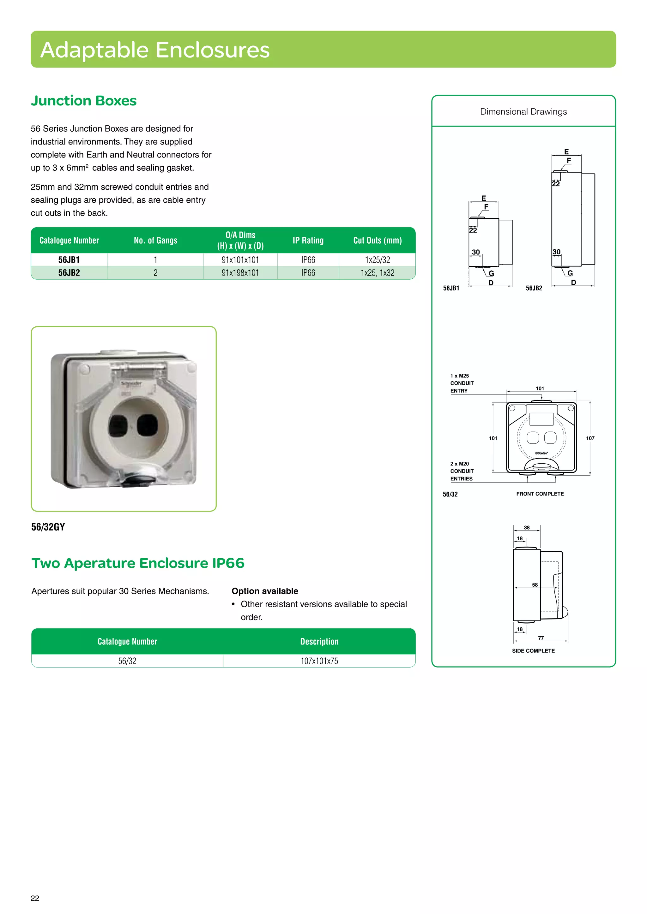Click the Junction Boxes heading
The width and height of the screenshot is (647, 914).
[x=84, y=101]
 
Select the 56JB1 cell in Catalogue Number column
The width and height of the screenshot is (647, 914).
[x=69, y=260]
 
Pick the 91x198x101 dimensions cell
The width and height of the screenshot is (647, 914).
[x=240, y=273]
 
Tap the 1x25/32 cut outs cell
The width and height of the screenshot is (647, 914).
[x=377, y=260]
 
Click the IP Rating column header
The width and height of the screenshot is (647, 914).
[x=308, y=240]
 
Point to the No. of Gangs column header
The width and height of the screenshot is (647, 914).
[x=155, y=240]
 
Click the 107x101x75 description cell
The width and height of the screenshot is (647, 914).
[x=319, y=661]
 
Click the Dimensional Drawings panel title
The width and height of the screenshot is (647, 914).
[x=523, y=112]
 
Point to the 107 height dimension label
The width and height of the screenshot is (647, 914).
[x=590, y=438]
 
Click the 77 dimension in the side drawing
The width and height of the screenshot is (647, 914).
[x=541, y=638]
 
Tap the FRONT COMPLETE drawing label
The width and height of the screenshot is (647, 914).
[x=540, y=494]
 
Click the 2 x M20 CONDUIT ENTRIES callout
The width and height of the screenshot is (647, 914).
[x=462, y=471]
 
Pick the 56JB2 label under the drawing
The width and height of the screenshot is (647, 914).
[x=534, y=288]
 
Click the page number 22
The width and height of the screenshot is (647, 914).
[x=35, y=898]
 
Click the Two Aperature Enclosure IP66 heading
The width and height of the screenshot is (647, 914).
[x=138, y=563]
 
